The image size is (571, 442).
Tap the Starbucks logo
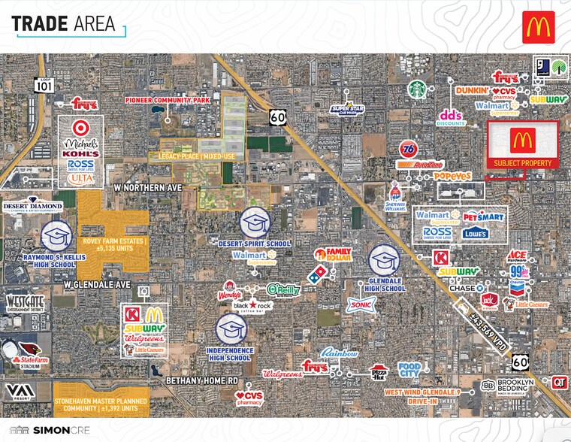tap(416, 89)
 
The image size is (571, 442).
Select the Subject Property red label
tap(523, 163)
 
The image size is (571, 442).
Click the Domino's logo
tap(319, 271)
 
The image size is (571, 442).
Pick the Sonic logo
tap(358, 304)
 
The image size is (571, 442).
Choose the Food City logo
tap(409, 368)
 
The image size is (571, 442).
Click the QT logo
tap(559, 383)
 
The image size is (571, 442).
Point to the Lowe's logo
tap(475, 233)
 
